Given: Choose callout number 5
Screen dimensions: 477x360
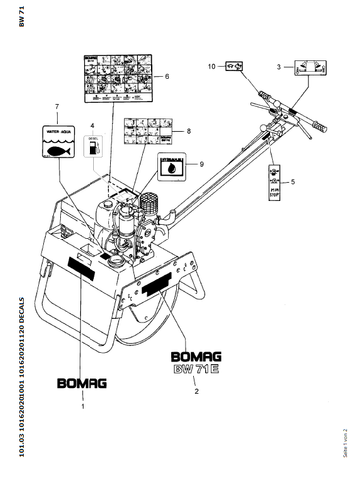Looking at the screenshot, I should [x=292, y=182].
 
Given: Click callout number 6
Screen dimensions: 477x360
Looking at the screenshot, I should [x=166, y=76].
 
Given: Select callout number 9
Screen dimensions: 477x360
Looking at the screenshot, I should [x=201, y=164].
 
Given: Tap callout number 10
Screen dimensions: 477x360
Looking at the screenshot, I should [x=210, y=66].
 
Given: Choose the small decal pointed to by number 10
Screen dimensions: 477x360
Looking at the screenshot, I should [x=234, y=66].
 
